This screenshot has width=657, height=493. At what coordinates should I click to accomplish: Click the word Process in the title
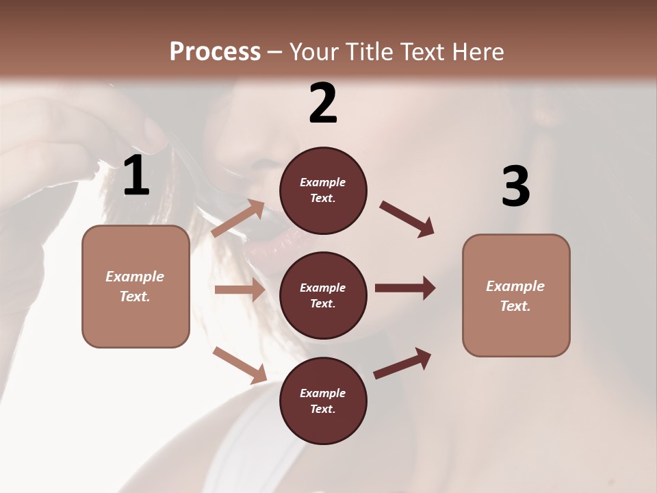[x=215, y=52]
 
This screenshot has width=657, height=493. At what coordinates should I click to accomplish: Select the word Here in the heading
[x=477, y=52]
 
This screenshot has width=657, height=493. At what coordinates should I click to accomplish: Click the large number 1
[x=136, y=176]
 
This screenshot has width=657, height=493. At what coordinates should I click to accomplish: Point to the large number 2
[x=323, y=103]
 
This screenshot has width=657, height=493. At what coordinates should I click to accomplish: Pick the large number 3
[x=515, y=186]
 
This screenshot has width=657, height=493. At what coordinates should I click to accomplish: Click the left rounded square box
[x=136, y=286]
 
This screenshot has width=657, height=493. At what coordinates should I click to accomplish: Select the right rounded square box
[x=516, y=295]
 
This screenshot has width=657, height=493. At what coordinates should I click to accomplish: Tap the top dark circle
[x=323, y=190]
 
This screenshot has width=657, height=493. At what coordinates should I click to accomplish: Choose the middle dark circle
[x=323, y=295]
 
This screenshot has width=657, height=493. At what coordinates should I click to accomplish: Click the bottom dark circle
[x=323, y=401]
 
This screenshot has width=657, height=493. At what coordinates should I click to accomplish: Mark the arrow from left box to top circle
[x=239, y=218]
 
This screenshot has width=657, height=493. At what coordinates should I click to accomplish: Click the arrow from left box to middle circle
[x=240, y=290]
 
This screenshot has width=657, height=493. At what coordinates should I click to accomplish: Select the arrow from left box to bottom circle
[x=240, y=364]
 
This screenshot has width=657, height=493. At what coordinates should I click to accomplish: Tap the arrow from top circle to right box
[x=407, y=219]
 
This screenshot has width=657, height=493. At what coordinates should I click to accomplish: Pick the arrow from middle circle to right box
[x=405, y=288]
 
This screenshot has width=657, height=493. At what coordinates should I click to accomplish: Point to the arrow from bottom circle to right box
[x=402, y=363]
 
